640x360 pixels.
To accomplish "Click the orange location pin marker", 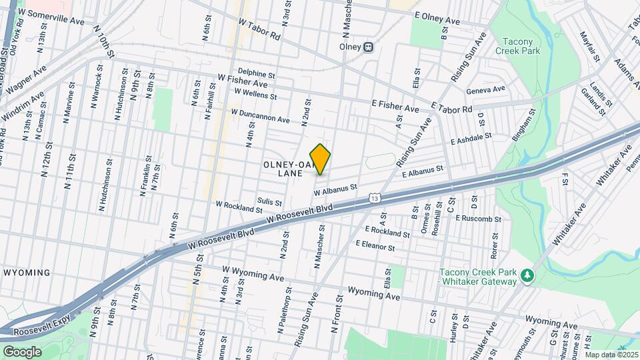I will [321, 159].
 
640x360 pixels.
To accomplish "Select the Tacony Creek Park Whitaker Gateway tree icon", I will [527, 275].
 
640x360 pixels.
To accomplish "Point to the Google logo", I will [22, 351].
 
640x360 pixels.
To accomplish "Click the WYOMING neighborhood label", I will [27, 273].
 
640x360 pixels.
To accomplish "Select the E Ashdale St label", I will [471, 138].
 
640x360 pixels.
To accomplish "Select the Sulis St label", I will [269, 201].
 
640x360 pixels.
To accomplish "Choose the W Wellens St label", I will [255, 95].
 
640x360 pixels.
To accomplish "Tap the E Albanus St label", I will [423, 172].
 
